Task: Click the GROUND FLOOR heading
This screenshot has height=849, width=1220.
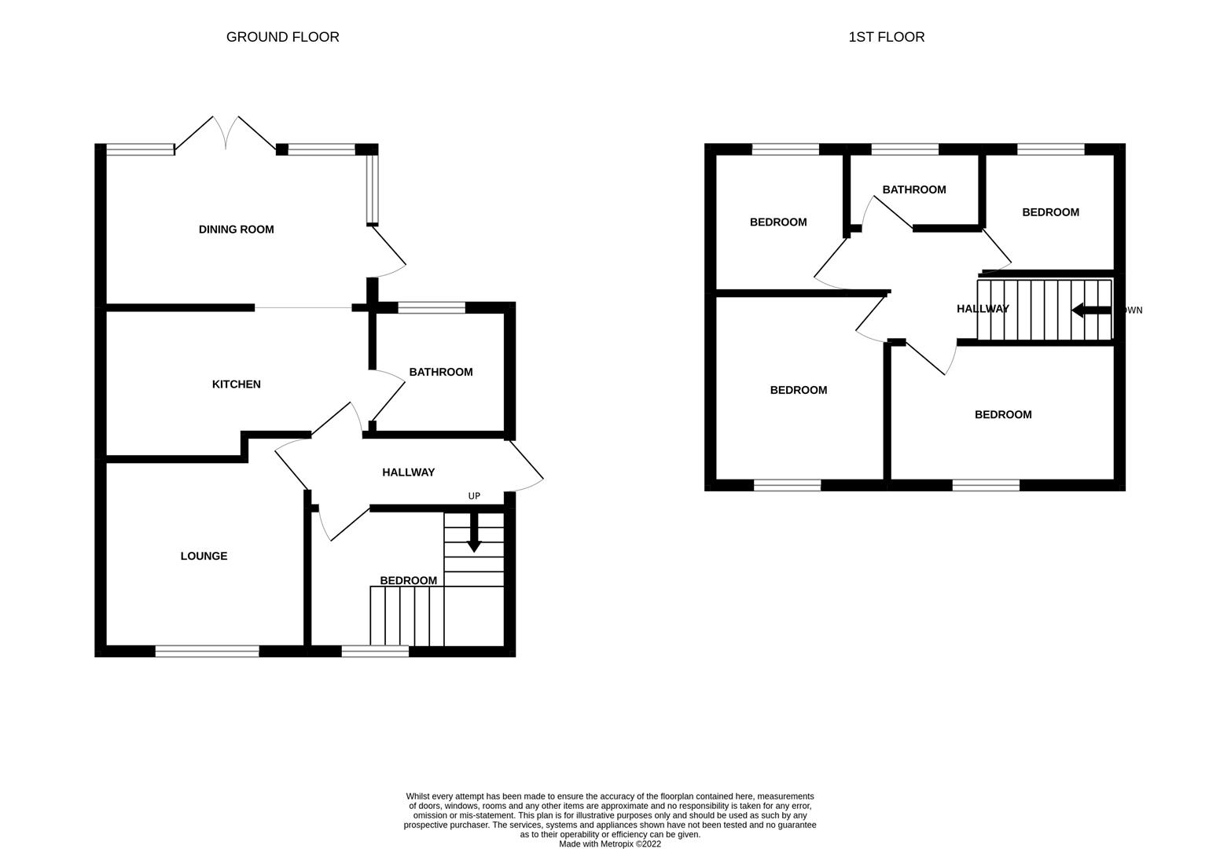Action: (x=282, y=37)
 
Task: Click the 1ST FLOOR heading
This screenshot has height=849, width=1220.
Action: (x=886, y=37)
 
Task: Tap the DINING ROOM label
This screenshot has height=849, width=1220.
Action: (x=236, y=230)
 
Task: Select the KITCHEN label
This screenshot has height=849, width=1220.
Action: (x=236, y=384)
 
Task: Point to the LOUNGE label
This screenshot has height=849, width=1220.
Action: (x=204, y=556)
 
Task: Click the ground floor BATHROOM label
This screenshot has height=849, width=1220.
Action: (x=440, y=372)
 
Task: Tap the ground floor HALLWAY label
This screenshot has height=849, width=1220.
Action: (x=408, y=472)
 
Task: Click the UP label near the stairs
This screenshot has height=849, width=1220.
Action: (x=474, y=496)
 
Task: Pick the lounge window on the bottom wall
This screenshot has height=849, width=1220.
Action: (x=207, y=651)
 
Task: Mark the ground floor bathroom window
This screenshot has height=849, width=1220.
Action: (x=431, y=308)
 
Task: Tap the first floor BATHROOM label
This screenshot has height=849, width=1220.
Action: (x=913, y=189)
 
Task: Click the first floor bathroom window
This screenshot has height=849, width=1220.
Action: (x=905, y=149)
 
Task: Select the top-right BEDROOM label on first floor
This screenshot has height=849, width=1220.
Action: (x=1050, y=212)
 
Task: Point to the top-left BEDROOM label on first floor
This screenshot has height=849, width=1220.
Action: (x=777, y=222)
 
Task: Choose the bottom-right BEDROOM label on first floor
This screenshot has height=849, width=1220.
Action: (x=1002, y=414)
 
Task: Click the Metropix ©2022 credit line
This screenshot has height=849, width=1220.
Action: (x=609, y=844)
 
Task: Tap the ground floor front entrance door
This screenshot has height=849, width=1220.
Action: (x=525, y=464)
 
